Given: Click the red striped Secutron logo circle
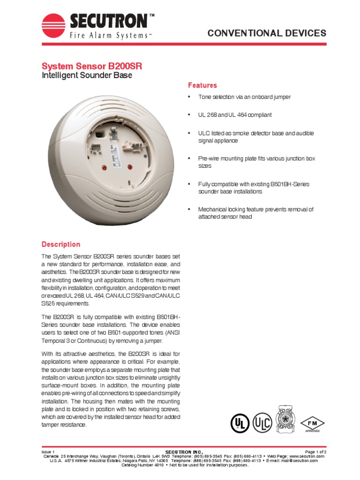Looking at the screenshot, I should click(x=53, y=26).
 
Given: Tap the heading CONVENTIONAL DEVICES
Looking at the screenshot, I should click(x=267, y=33).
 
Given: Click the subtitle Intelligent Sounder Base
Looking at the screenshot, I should click(x=87, y=75).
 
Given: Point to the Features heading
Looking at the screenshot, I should click(x=202, y=85).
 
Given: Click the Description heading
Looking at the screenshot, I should click(x=60, y=244).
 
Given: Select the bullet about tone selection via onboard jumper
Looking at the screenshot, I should click(x=244, y=97).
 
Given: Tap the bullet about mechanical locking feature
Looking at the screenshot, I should click(x=255, y=213).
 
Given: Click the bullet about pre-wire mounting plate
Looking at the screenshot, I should click(x=256, y=162).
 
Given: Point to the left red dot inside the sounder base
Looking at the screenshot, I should click(x=104, y=167).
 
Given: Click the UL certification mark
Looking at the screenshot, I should click(x=240, y=423).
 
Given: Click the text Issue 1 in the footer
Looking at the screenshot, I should click(x=48, y=451).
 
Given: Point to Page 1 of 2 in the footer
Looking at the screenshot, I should click(x=315, y=451).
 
